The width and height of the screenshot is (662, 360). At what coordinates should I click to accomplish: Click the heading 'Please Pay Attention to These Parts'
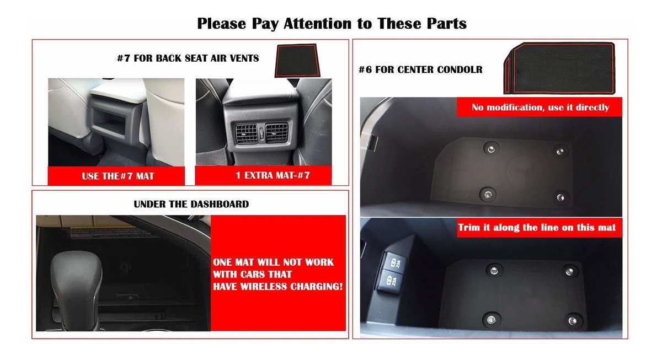tap(332, 24)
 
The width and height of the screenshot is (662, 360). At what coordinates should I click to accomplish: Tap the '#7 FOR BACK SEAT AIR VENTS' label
tap(188, 58)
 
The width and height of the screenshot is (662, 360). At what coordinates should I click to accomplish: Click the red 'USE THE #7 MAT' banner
tap(116, 176)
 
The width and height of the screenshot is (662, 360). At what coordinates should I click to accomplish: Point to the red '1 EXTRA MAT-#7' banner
tap(263, 175)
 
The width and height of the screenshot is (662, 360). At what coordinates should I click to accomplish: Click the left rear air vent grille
tap(246, 133)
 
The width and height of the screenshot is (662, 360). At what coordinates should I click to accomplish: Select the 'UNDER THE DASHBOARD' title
tap(191, 204)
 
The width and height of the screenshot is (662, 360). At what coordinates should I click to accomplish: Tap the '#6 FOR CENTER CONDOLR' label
tap(420, 69)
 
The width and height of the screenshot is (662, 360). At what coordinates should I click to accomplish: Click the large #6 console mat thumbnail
tap(559, 68)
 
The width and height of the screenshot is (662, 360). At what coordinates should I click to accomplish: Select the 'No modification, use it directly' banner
tap(540, 107)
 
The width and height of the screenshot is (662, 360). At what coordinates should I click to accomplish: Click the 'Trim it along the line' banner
tap(539, 227)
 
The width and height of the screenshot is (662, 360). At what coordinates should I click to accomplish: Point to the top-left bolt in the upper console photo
tap(491, 148)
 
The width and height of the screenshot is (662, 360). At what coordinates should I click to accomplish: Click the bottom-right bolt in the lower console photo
tap(573, 321)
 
